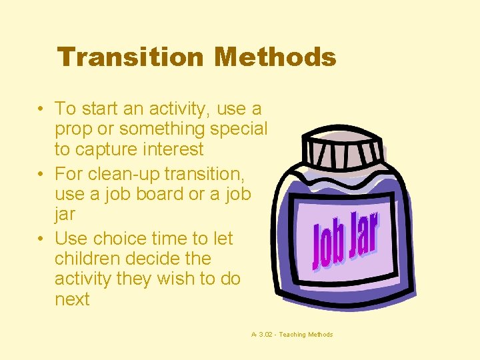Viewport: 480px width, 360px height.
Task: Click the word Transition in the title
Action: pos(131,57)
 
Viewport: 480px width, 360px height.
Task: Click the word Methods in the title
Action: pos(275,57)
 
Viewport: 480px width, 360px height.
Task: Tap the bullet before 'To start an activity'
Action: pos(41,108)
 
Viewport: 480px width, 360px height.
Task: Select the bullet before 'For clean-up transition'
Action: pos(41,174)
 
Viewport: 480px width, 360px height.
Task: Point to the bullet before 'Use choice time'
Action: pos(41,239)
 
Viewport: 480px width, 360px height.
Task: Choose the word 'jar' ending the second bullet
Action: pos(65,215)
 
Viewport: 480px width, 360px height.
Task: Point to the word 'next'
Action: pos(72,299)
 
